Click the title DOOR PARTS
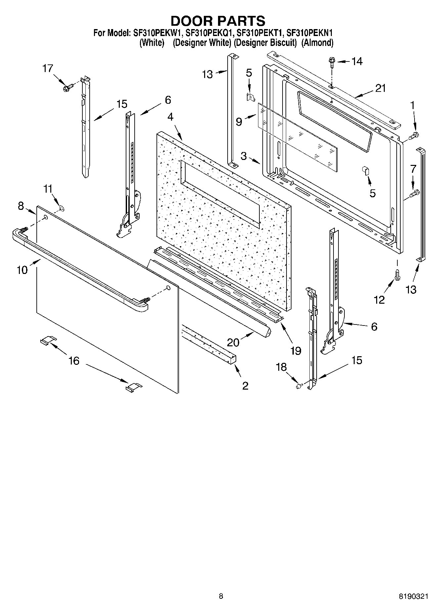[x=218, y=21]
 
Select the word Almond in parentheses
[x=317, y=43]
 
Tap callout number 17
[x=48, y=68]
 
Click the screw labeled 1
[x=414, y=135]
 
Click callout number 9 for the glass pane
[x=239, y=122]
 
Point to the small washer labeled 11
[x=62, y=208]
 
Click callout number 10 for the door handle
[x=22, y=270]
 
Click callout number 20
[x=233, y=342]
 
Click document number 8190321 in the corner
[x=414, y=596]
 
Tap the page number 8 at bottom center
[x=221, y=596]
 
